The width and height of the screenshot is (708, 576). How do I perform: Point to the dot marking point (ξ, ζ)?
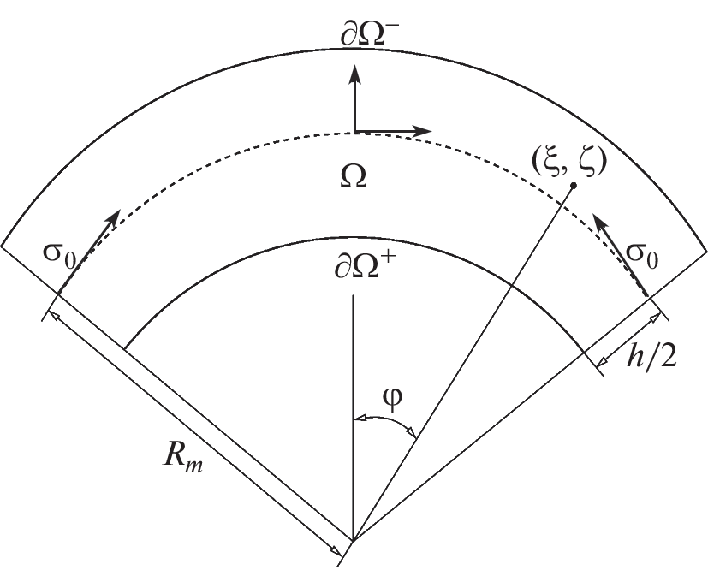[574, 186]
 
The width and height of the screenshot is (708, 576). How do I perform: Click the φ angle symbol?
[392, 400]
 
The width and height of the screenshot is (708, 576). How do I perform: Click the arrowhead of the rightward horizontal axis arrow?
[422, 131]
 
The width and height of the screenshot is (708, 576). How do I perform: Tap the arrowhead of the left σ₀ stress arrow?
[113, 218]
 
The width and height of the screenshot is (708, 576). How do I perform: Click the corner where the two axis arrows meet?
[355, 131]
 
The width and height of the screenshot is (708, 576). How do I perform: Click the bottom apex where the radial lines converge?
[353, 540]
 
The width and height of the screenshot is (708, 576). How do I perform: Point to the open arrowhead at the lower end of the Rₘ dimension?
[336, 550]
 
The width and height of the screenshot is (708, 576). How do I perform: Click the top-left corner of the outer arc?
[2, 246]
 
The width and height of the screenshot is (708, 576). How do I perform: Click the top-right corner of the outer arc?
[706, 252]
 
